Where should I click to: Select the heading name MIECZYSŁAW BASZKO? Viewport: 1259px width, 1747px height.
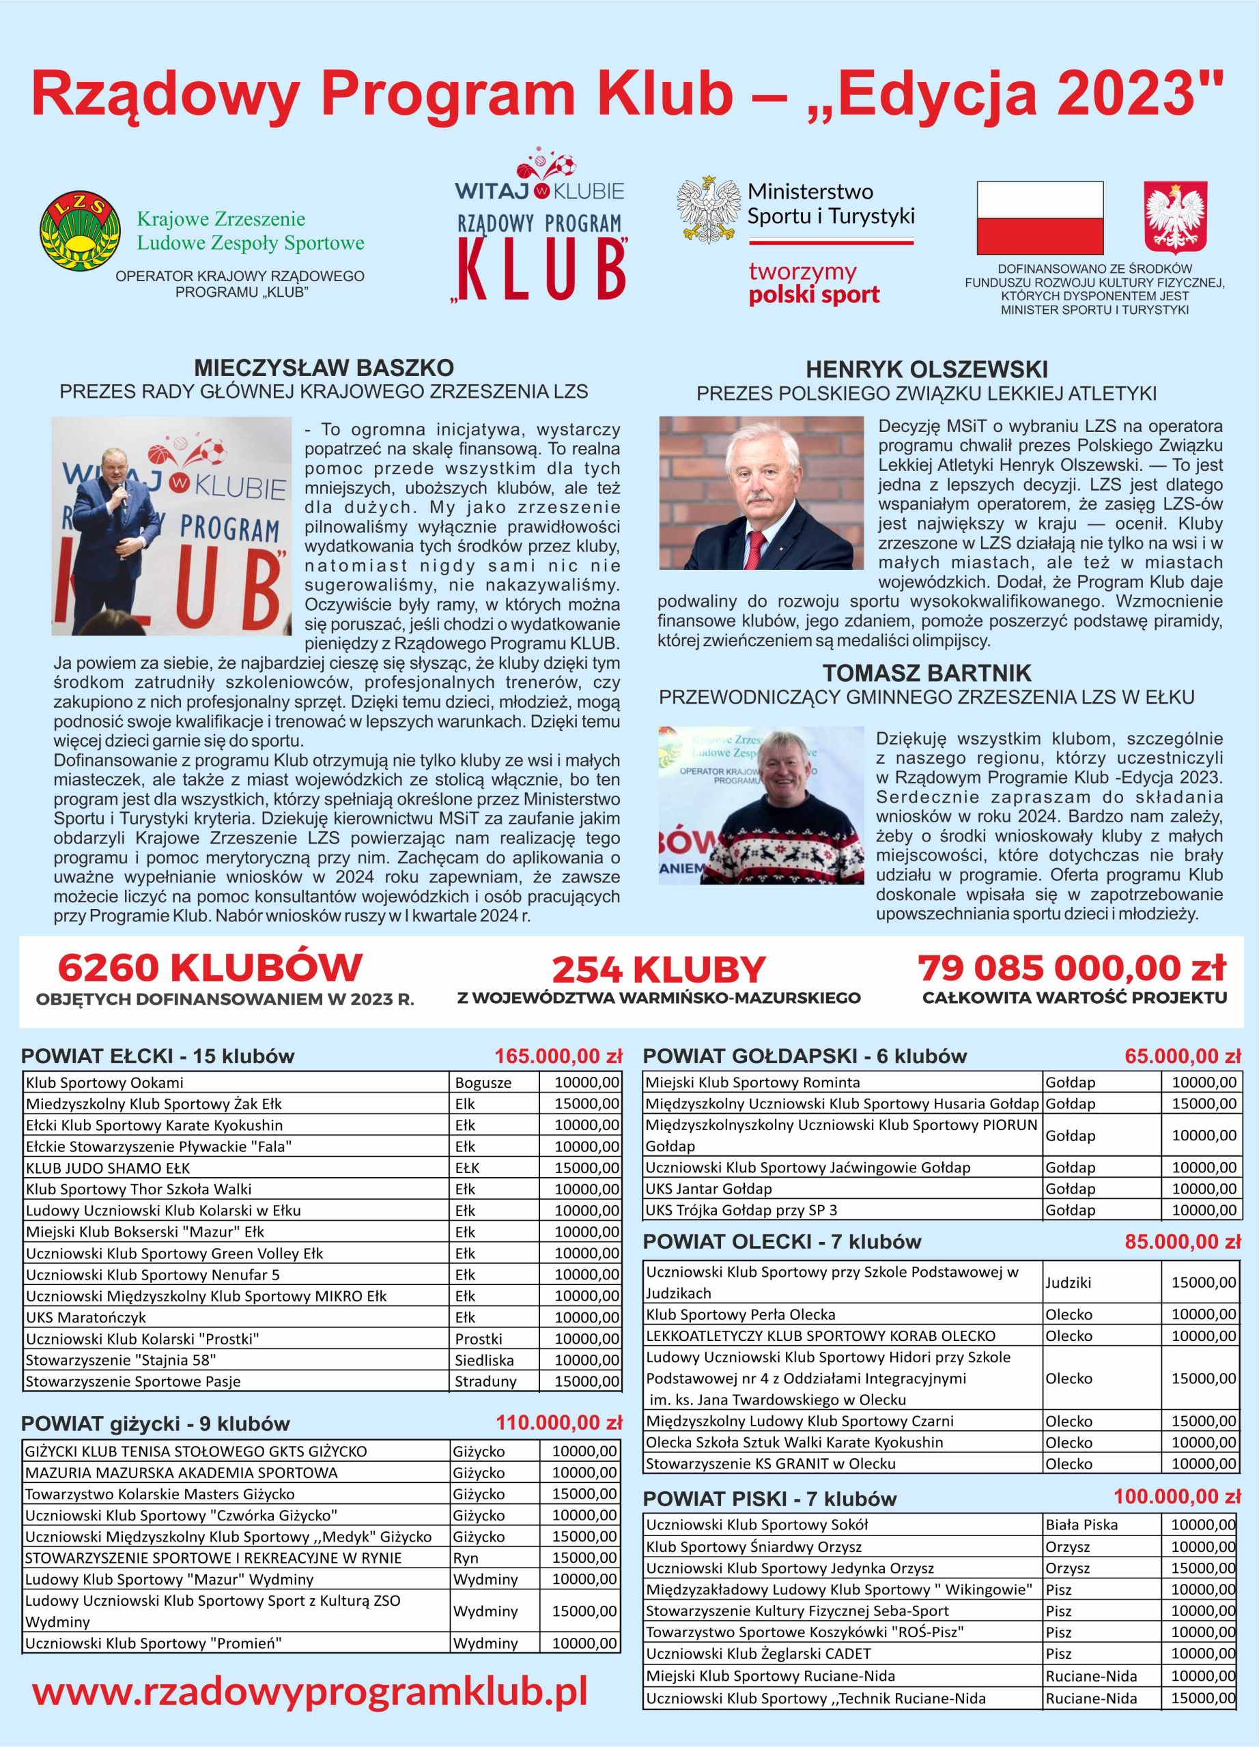[324, 366]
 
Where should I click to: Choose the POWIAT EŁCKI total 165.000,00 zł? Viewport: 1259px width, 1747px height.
[558, 1055]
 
